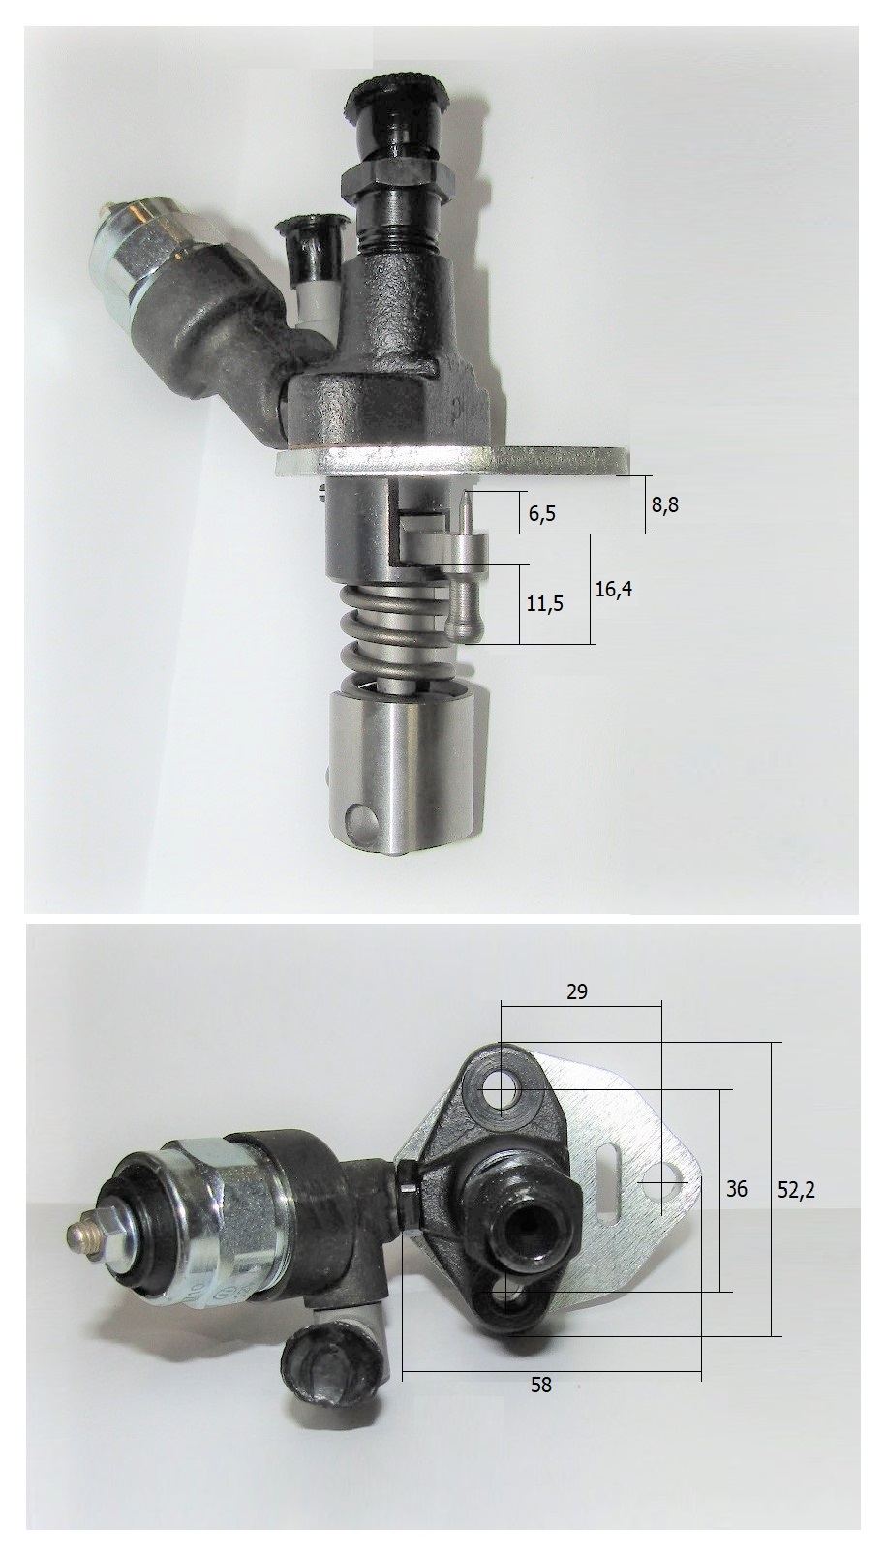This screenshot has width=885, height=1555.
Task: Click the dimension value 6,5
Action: [x=542, y=514]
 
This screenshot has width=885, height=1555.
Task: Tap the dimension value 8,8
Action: [x=665, y=504]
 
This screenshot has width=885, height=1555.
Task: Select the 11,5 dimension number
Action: [x=545, y=604]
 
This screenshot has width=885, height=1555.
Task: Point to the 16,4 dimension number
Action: [x=614, y=590]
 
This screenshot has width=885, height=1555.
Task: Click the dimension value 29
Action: [x=577, y=991]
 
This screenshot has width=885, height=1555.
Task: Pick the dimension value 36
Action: [x=737, y=1189]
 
